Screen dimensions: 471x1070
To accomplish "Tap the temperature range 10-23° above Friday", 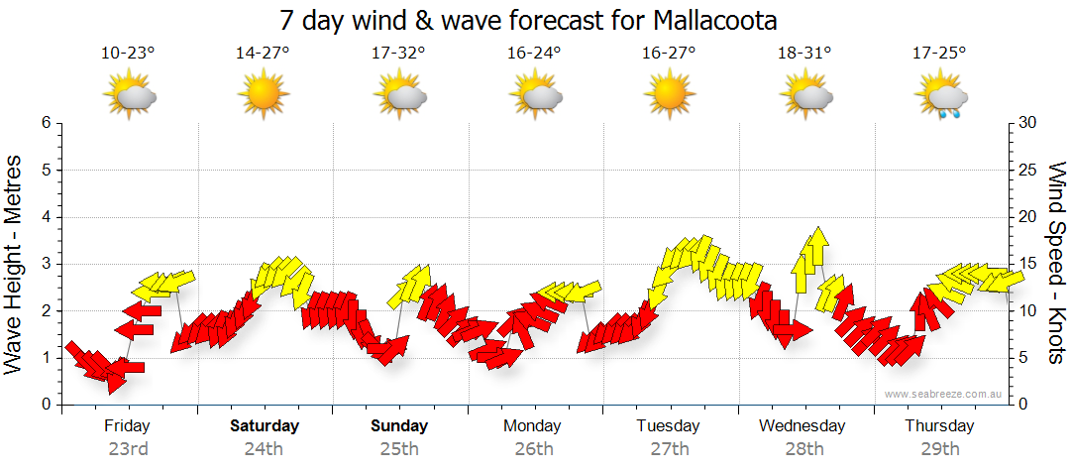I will click(129, 53).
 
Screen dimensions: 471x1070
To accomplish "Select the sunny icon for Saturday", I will click(264, 96).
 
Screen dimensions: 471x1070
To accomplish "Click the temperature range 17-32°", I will click(399, 53).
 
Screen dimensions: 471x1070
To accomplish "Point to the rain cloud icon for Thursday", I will click(942, 98).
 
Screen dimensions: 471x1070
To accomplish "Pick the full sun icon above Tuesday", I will click(670, 96).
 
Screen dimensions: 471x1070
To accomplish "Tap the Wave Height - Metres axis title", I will click(15, 264).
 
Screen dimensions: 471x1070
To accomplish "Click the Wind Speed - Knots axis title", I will click(1055, 264).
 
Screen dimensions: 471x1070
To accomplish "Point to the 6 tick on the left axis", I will click(46, 123).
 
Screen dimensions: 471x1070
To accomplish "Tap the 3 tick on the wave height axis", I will click(46, 264).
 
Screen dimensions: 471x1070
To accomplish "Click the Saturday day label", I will click(265, 426).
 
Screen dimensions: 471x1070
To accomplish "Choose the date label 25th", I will click(399, 448).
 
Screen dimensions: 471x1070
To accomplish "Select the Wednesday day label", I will click(802, 426).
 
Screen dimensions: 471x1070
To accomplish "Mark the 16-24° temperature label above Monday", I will click(534, 53).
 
